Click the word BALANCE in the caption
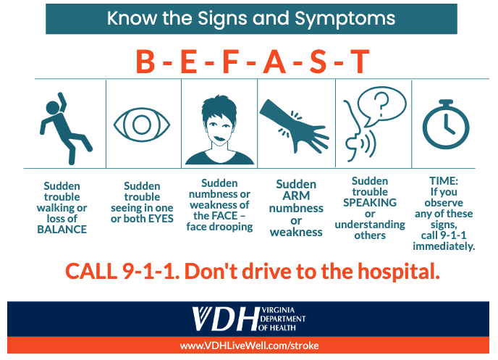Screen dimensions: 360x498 point(62,230)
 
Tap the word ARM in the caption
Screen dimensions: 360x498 point(296,196)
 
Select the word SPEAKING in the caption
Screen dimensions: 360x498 point(369,203)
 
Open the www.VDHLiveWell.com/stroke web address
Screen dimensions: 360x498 point(249,346)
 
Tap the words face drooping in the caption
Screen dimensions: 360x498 point(219,226)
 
